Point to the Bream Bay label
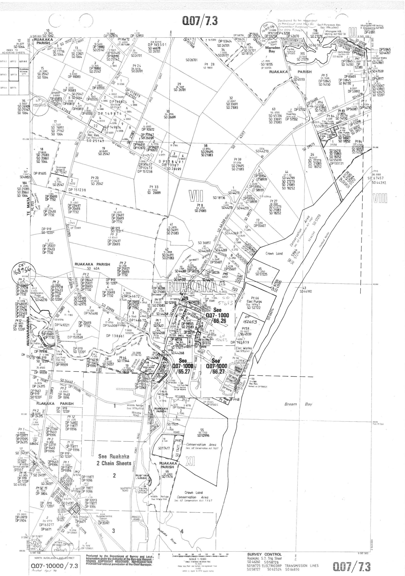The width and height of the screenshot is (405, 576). pyautogui.click(x=298, y=404)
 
